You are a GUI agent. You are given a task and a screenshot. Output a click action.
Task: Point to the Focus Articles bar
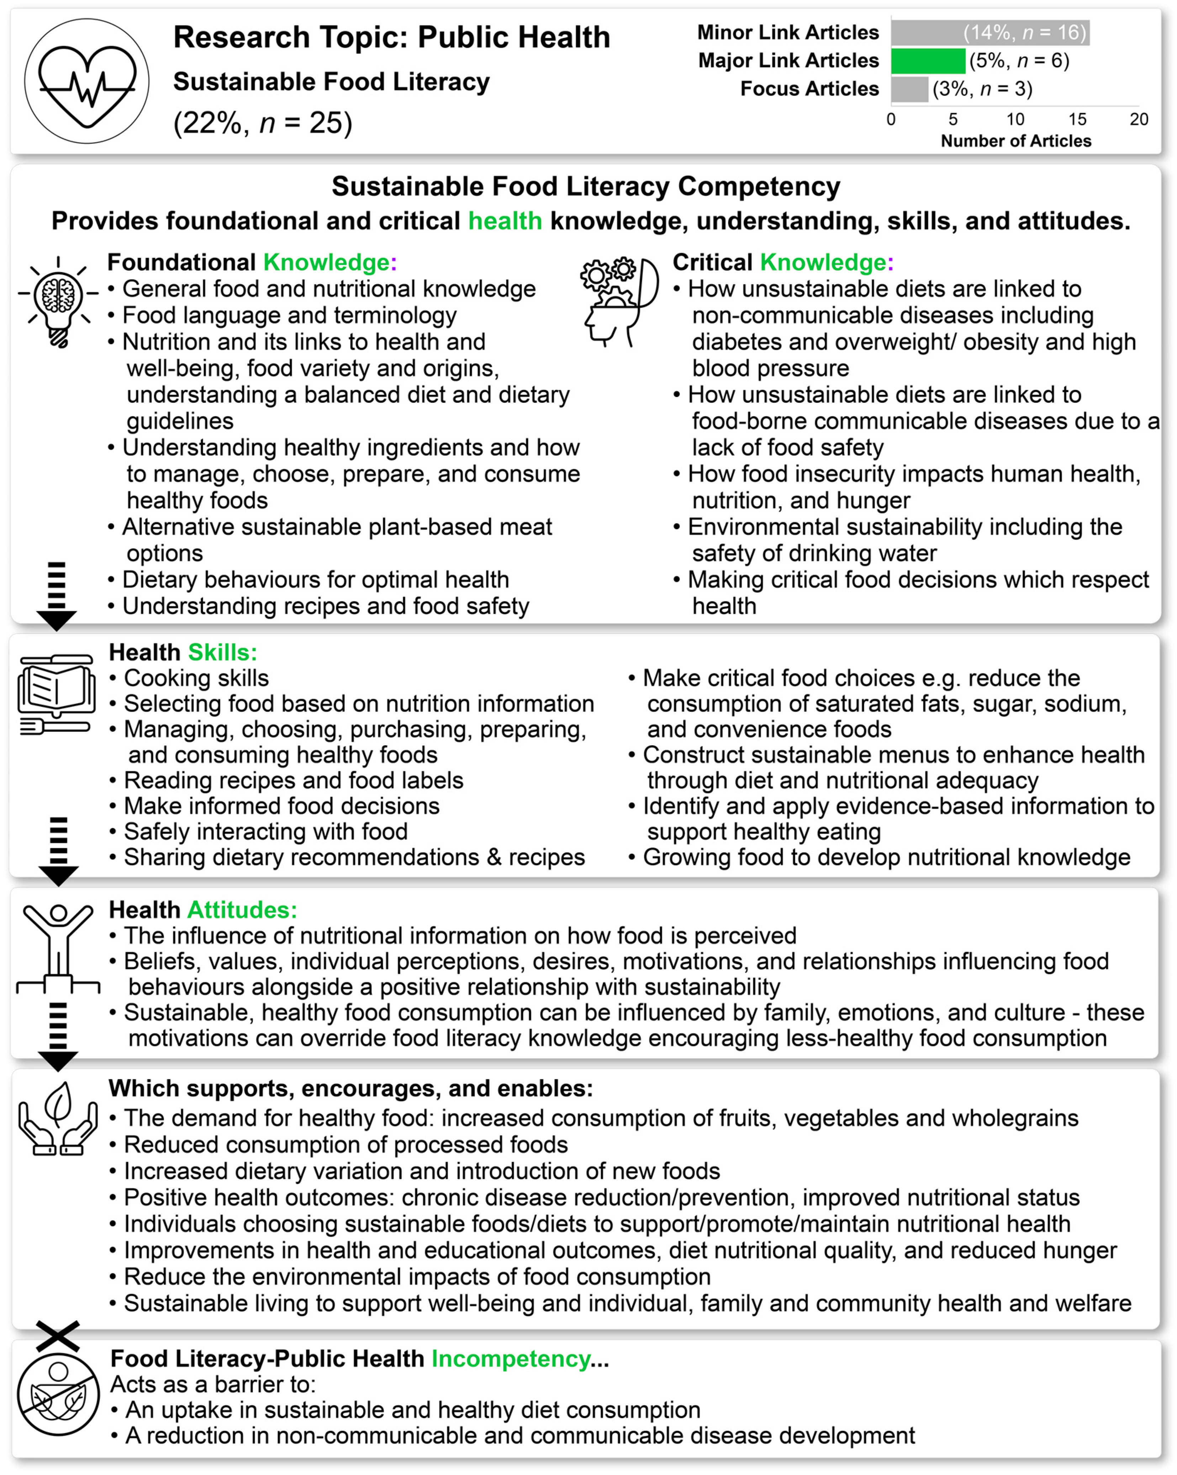909,89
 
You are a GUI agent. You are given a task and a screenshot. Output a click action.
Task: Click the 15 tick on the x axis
1077,120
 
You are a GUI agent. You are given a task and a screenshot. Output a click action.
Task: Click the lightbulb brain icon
58,301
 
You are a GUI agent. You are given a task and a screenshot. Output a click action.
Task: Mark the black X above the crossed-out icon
58,1336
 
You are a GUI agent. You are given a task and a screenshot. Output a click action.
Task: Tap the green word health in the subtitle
505,221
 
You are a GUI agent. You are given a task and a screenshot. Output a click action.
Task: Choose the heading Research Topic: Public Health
391,38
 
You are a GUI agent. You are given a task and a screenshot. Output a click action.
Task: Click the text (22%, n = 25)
263,123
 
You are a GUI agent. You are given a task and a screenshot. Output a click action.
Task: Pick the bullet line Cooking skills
196,678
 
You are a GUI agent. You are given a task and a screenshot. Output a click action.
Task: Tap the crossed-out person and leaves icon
58,1396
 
